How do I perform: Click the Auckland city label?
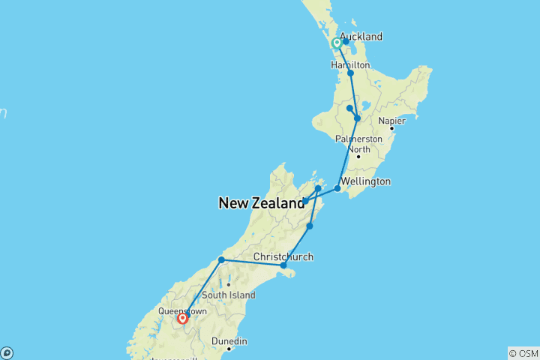pos(361,36)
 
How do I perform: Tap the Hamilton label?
pos(350,65)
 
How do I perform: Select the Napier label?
pos(392,120)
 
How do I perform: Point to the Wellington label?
pos(365,181)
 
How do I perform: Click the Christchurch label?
pos(283,256)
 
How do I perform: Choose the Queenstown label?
pos(181,310)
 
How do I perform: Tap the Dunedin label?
pos(229,340)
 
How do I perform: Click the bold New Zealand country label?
pos(262,202)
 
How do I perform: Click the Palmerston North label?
pos(358,144)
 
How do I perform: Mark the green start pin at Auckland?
pos(337,43)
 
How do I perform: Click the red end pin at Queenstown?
pos(182,319)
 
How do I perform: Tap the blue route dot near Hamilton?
pos(350,73)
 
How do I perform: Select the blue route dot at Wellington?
pos(337,188)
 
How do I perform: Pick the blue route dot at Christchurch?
pos(283,265)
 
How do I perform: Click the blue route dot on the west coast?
pos(221,259)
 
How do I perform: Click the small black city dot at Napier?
pos(391,128)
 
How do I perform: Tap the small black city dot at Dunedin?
pos(229,348)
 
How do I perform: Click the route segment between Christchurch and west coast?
pos(252,262)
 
